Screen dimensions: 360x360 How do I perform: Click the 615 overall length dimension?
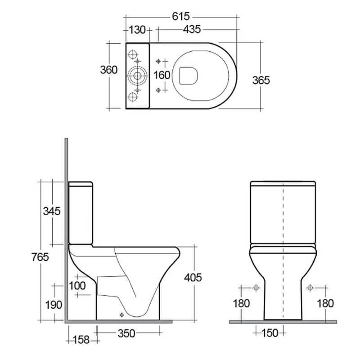[x=180, y=17]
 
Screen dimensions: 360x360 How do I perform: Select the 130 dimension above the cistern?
[x=137, y=30]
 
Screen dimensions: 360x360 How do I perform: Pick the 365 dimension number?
[x=261, y=80]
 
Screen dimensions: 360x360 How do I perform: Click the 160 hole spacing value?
[x=162, y=75]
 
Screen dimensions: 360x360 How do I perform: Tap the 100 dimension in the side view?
[x=77, y=285]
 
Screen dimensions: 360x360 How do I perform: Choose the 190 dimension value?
[x=53, y=305]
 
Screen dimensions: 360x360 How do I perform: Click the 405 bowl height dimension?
[x=193, y=278]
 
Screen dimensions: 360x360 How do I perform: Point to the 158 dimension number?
[x=81, y=339]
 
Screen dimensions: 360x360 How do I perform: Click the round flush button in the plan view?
[x=137, y=74]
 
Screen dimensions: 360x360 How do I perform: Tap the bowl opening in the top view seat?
[x=187, y=75]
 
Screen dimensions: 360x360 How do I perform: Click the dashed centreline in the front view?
[x=283, y=252]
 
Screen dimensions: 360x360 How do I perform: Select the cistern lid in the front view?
[x=283, y=184]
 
